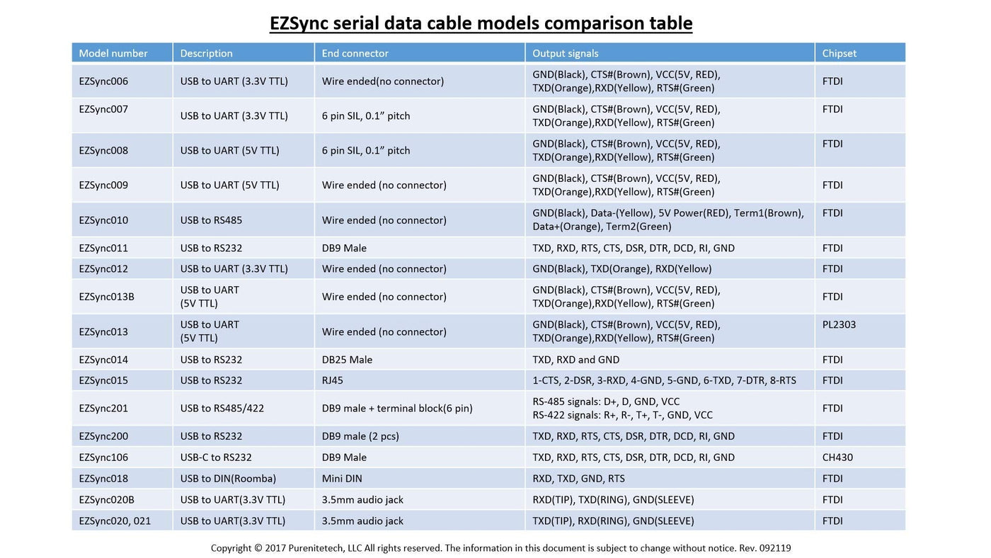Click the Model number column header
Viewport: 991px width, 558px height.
(113, 53)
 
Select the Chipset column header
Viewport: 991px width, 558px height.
(839, 53)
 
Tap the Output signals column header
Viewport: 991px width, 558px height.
(565, 53)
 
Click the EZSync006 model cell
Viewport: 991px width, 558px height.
(103, 81)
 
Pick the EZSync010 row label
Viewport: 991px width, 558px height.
(103, 220)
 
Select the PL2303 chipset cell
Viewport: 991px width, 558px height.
(839, 325)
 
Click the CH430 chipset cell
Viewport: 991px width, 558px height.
(837, 457)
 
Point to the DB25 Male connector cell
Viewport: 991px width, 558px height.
(347, 360)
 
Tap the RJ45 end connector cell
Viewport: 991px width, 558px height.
(332, 380)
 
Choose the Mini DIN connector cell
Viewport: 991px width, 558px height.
(341, 479)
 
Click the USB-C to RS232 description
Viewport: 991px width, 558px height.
(216, 457)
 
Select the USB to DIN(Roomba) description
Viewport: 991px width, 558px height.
(228, 479)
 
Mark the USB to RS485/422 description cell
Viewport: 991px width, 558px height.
(222, 409)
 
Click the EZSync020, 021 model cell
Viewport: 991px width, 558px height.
(115, 521)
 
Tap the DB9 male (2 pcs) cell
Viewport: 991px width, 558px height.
(360, 436)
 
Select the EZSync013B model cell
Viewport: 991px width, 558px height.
(106, 297)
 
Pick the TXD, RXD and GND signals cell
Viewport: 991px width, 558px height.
(575, 360)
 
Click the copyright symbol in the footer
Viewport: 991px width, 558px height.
(258, 548)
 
